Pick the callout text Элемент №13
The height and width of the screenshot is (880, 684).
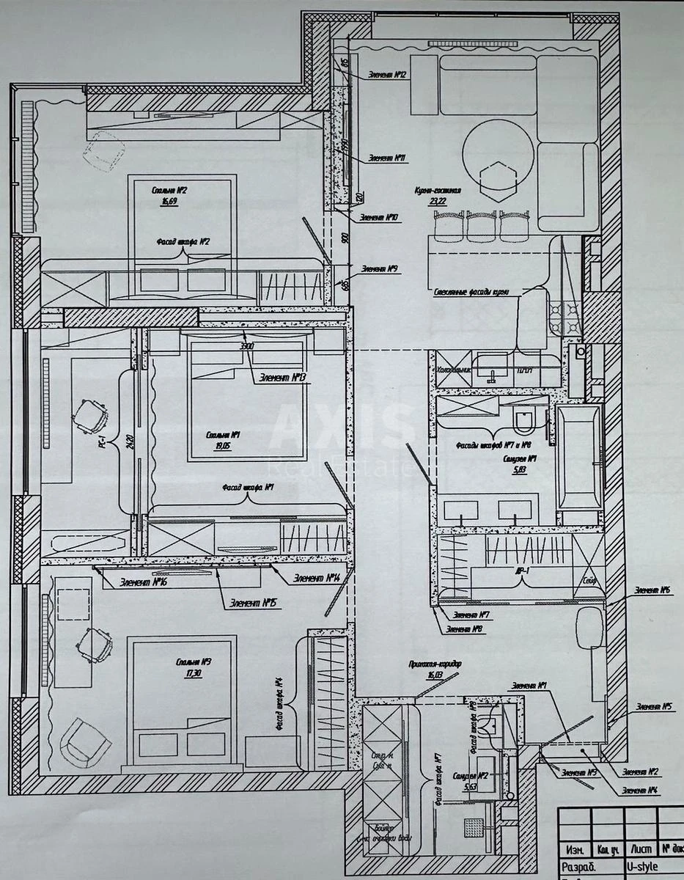click(282, 378)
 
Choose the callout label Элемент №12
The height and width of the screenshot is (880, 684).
click(388, 74)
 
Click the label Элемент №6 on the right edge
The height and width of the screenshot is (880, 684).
click(653, 590)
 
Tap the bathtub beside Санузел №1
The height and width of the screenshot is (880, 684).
click(579, 458)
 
